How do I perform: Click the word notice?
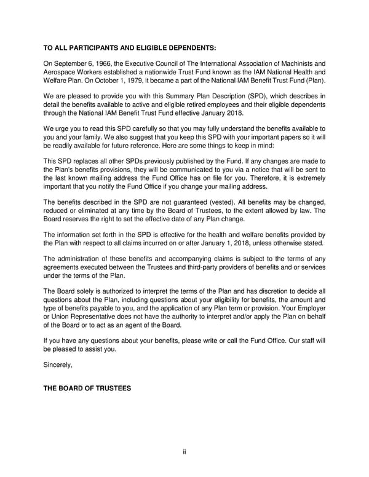(246, 168)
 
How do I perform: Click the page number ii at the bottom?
(184, 452)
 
